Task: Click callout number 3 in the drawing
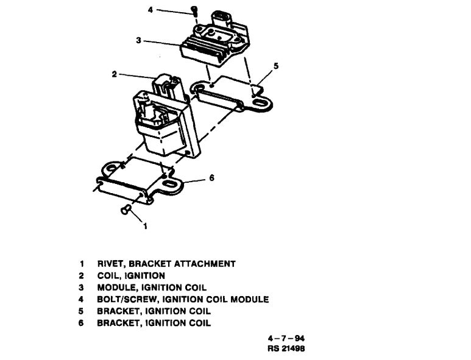coord(140,41)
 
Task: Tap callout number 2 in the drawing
coord(114,74)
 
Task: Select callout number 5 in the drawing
coord(276,66)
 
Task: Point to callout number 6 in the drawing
coord(211,178)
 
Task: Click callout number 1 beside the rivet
coord(145,226)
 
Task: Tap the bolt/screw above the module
coord(194,10)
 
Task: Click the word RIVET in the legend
coord(110,264)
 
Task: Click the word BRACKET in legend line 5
coord(119,311)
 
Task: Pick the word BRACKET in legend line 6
coord(119,323)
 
